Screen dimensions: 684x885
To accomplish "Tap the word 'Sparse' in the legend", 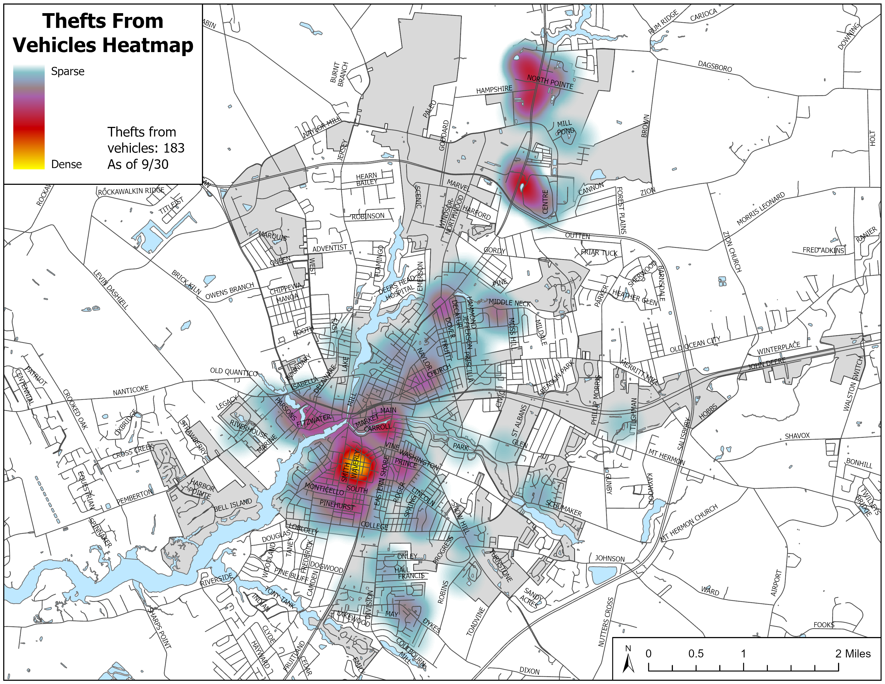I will pos(68,71).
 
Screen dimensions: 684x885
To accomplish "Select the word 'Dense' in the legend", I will pos(67,164).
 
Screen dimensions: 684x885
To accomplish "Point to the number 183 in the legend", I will pos(174,148).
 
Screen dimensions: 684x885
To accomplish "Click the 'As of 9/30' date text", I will pos(138,164).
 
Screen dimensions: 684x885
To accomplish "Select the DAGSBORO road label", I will pos(715,66).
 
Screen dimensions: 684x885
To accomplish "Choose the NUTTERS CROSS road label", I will pos(606,622).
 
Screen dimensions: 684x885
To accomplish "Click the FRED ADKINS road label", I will pos(823,250).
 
